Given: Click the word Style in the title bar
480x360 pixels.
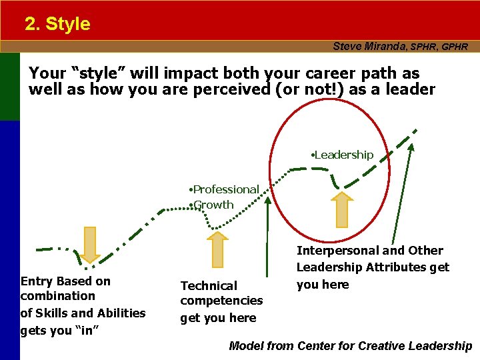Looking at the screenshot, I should click(68, 24).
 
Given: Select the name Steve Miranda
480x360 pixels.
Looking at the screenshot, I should click(370, 47).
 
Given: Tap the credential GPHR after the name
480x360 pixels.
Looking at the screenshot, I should click(455, 47).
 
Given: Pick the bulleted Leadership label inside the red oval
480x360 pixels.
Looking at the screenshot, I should click(343, 155).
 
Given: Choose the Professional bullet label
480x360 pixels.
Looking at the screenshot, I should click(225, 190).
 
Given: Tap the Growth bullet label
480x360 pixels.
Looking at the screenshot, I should click(213, 205).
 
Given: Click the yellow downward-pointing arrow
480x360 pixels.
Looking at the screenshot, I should click(90, 244).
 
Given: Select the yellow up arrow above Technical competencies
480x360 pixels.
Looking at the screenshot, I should click(216, 249).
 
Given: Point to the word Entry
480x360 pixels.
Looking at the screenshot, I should click(37, 281).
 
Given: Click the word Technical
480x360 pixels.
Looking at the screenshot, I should click(209, 286).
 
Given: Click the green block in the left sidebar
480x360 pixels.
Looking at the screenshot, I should click(10, 87).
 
